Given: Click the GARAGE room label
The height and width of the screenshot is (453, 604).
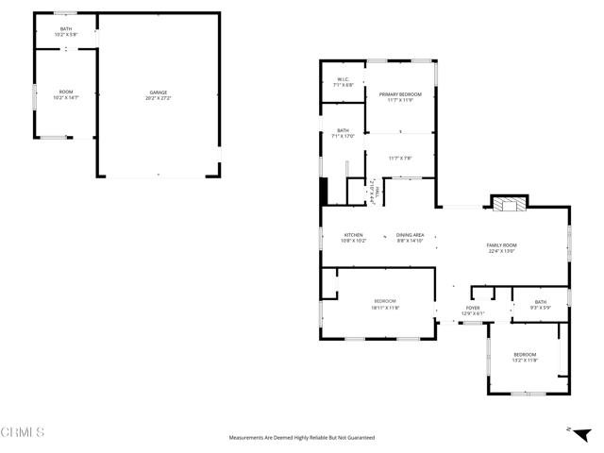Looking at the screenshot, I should point(158,92).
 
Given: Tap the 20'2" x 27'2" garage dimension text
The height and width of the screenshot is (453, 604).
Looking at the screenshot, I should point(158,98).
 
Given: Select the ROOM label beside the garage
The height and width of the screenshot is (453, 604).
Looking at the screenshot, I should point(65,92).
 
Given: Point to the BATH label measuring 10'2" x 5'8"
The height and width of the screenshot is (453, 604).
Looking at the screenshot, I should point(65,29).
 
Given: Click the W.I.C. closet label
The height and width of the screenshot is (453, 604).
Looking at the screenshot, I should point(344,79).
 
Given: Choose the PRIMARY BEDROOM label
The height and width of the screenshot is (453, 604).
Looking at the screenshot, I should point(400,94).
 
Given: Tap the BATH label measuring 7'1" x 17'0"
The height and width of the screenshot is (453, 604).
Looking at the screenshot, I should point(343,131).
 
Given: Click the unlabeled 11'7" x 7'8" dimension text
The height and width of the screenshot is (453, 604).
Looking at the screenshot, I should point(400,158).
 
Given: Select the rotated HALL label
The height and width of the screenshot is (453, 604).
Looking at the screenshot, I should point(377,193).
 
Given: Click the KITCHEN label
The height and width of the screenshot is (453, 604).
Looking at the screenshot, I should point(353,235).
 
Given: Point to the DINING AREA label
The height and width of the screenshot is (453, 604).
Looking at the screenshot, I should point(410,235).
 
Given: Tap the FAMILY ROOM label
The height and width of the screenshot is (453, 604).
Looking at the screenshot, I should point(502,245).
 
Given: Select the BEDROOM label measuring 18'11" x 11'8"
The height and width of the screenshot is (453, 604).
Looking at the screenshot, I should point(385,301).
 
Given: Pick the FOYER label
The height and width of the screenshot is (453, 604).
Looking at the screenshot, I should point(472,308).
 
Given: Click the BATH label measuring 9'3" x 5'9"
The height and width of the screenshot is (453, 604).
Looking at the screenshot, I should point(540,302).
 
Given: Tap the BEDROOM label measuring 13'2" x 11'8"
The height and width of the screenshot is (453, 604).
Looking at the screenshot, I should point(525,354).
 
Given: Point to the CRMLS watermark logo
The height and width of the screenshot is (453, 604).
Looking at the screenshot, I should point(23,432).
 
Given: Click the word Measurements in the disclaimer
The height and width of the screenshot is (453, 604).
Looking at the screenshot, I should point(250,438).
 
